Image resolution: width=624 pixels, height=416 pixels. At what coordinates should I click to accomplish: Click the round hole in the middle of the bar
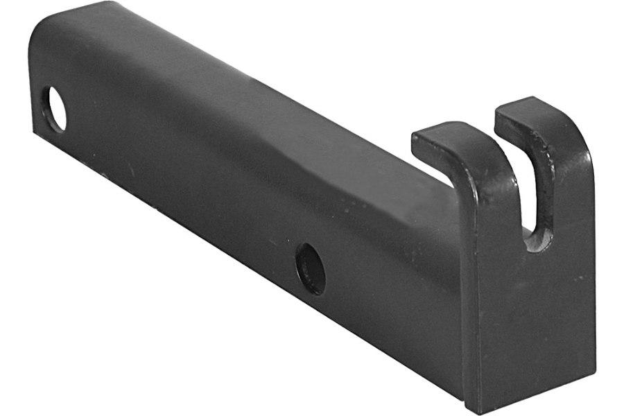pyautogui.click(x=310, y=268)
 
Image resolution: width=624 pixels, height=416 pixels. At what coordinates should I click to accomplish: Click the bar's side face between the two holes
pyautogui.click(x=180, y=187)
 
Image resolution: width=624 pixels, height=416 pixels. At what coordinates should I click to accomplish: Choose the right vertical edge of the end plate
pyautogui.click(x=594, y=263)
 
